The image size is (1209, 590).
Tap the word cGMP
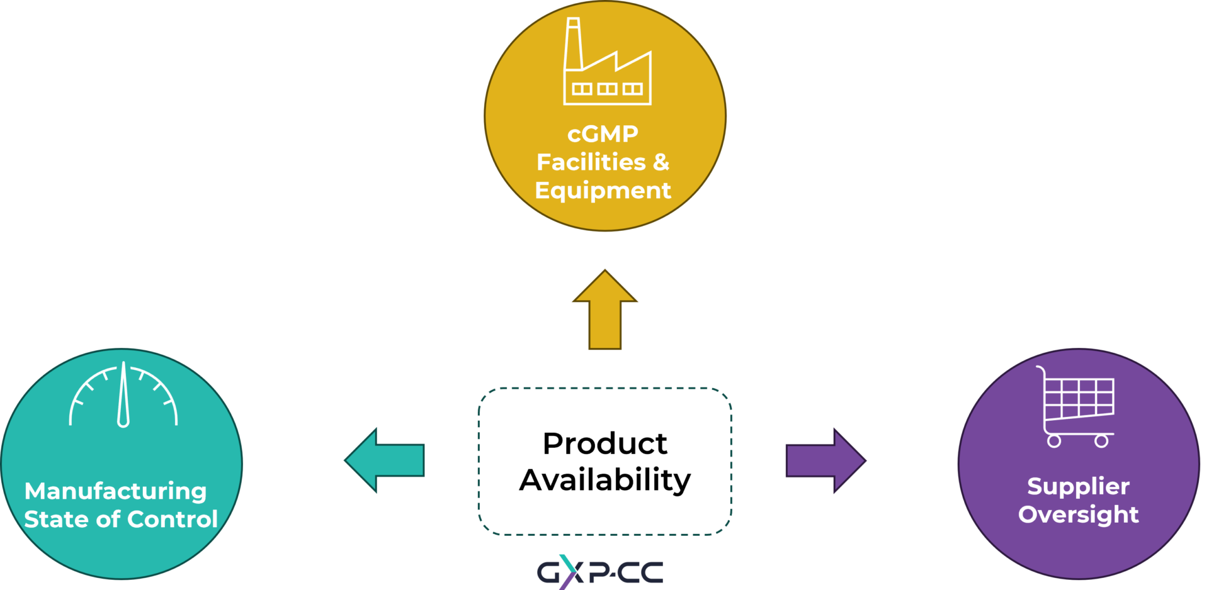[x=603, y=134]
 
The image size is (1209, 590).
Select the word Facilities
[x=591, y=162]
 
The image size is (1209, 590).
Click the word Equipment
[x=603, y=191]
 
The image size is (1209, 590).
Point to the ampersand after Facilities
[x=661, y=162]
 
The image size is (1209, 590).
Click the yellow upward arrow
[x=605, y=311]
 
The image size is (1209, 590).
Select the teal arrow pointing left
[x=385, y=460]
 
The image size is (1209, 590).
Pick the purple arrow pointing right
[x=826, y=460]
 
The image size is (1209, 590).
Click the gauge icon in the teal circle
[x=123, y=396]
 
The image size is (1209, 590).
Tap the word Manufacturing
[x=115, y=491]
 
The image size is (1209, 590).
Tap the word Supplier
[x=1078, y=486]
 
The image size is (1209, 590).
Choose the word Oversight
[x=1078, y=515]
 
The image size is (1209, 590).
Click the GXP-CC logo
[x=599, y=572]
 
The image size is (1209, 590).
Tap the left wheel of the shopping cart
[x=1054, y=441]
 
